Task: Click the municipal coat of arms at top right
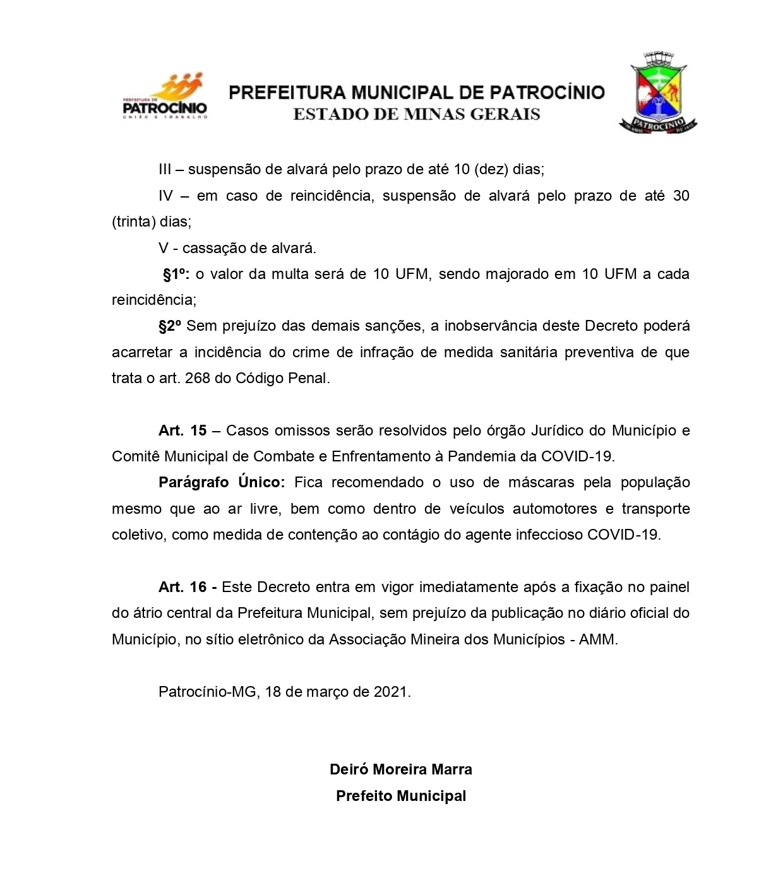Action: click(658, 93)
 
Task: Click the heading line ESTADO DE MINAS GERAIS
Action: click(417, 114)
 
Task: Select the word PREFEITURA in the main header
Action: click(287, 93)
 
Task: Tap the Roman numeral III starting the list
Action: click(165, 169)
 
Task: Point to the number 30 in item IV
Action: click(681, 196)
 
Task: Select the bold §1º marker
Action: click(176, 275)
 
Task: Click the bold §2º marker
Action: click(170, 326)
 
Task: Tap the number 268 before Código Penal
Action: click(198, 379)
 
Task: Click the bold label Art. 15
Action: click(182, 430)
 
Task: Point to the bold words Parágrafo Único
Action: click(222, 483)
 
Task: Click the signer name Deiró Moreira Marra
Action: click(401, 769)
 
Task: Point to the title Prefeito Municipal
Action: click(401, 796)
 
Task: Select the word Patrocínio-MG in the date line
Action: click(207, 692)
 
